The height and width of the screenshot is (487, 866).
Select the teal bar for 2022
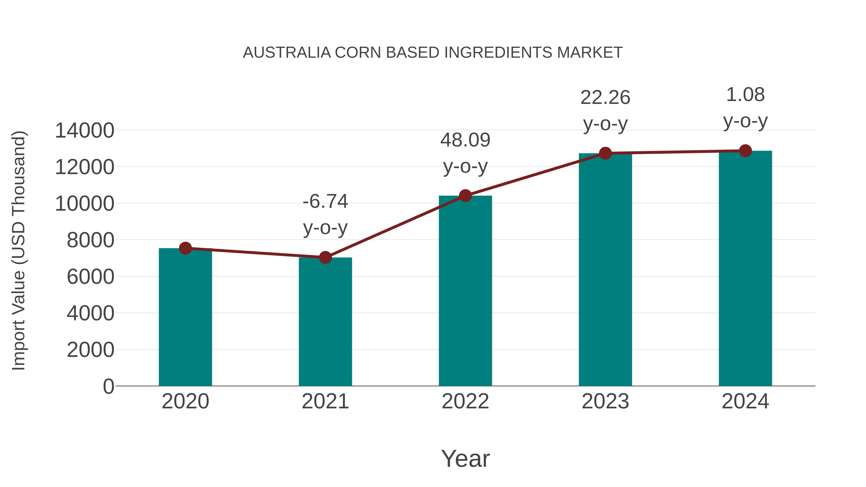click(465, 291)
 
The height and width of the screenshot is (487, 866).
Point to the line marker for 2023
click(605, 153)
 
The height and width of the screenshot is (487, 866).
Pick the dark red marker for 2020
click(185, 248)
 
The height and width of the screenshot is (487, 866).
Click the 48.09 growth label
click(465, 140)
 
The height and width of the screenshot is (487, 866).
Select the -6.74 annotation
click(325, 202)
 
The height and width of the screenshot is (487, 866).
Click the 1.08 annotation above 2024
click(745, 95)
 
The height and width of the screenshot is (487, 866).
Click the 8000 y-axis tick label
click(90, 240)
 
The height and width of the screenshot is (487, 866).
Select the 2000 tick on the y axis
click(90, 350)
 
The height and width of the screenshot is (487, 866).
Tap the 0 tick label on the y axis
click(108, 386)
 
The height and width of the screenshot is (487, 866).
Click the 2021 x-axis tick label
click(325, 401)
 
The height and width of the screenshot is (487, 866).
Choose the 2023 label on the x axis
click(605, 401)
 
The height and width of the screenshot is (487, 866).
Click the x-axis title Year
click(465, 458)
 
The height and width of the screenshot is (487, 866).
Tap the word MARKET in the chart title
click(590, 53)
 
